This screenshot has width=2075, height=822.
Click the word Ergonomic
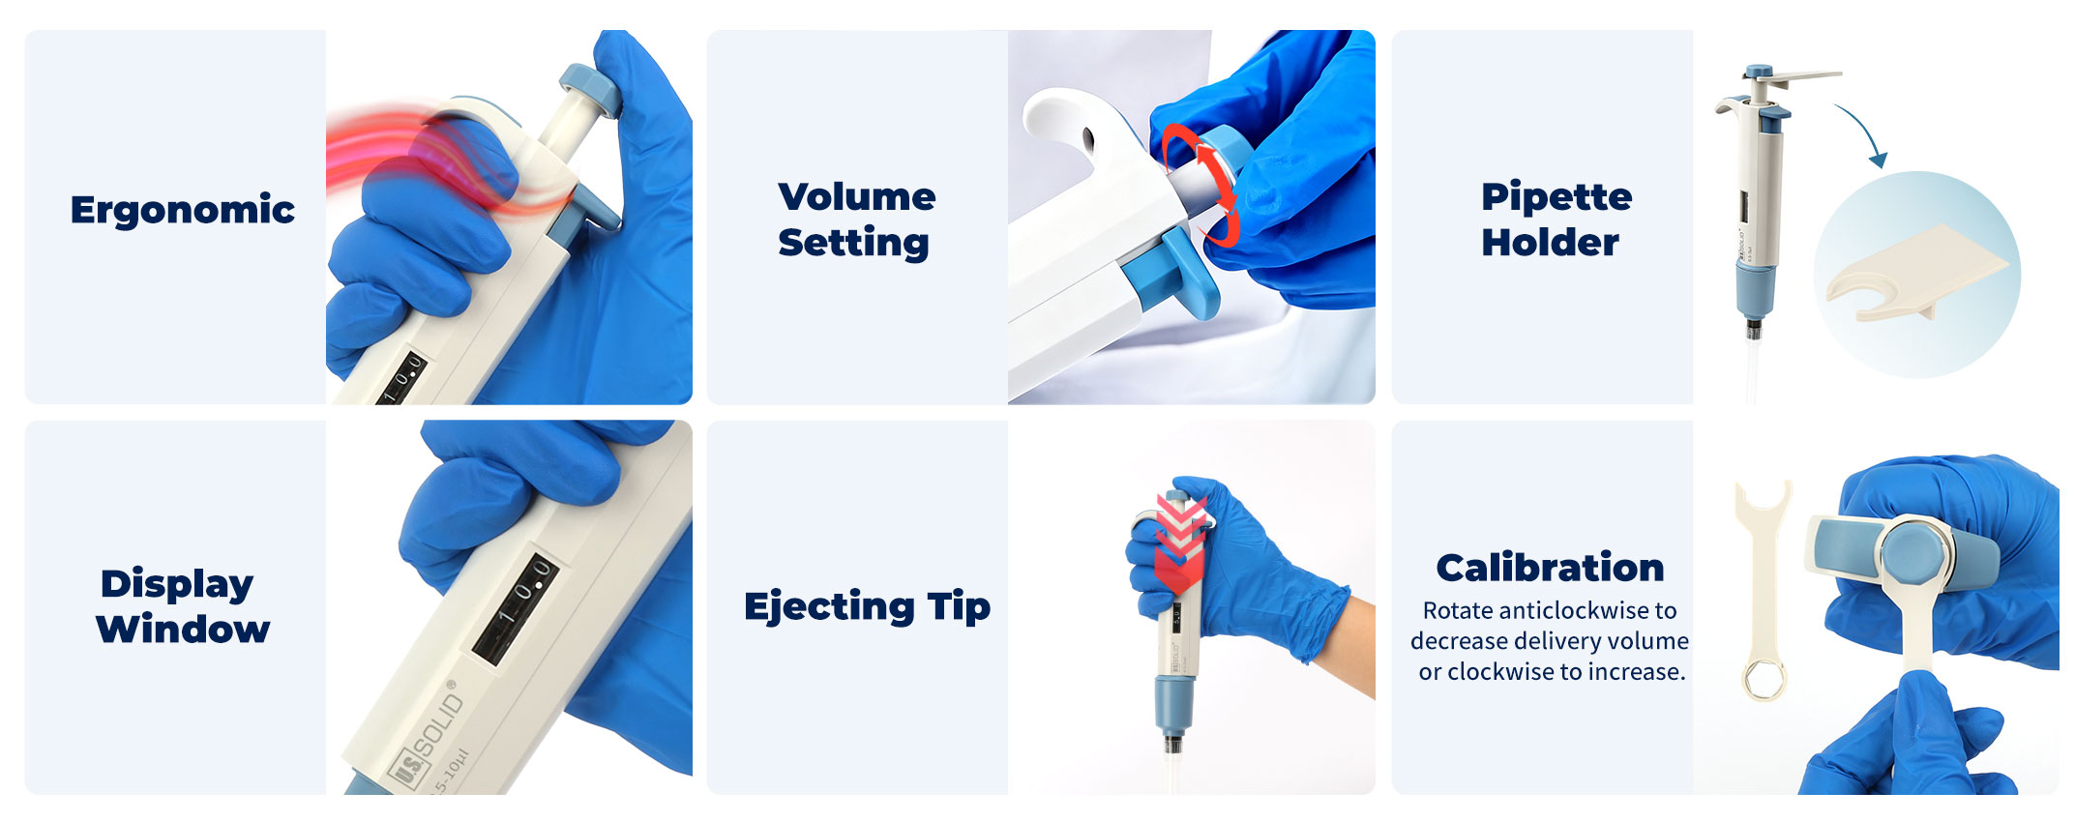coord(182,211)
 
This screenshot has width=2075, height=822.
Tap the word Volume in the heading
coord(856,197)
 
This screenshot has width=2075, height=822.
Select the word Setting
coord(853,243)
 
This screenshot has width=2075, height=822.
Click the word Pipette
coord(1556,198)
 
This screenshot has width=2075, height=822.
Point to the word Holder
coord(1550,243)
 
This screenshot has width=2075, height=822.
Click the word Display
coord(177,585)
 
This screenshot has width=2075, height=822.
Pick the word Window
coord(183,630)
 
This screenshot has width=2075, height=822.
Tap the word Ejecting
coord(829,607)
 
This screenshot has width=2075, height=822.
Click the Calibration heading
coord(1550,568)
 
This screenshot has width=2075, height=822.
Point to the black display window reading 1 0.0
coord(515,609)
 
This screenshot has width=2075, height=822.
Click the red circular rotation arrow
coord(1202,184)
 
